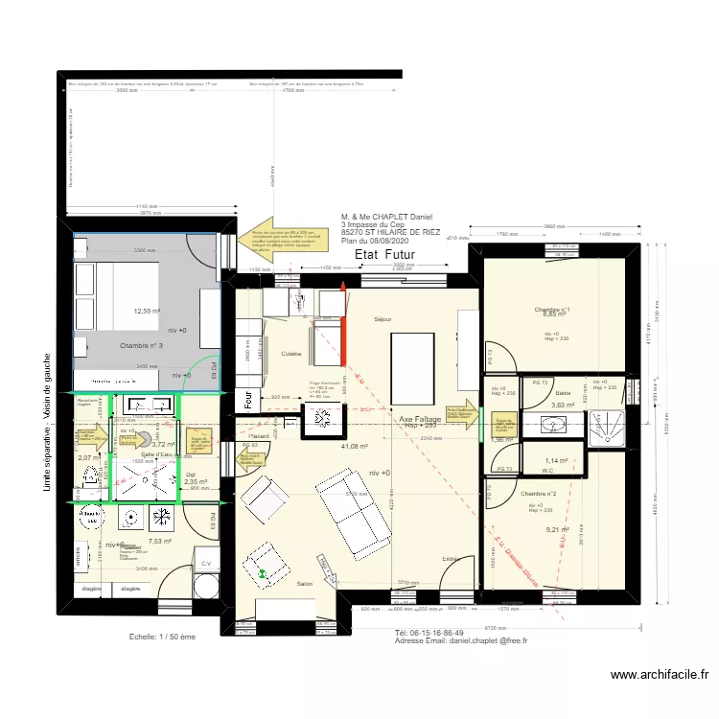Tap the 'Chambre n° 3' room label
tap(141, 345)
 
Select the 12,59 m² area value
tap(147, 311)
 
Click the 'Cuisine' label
tap(292, 354)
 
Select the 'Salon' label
tap(305, 584)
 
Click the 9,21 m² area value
tap(557, 529)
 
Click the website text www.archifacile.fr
tap(661, 675)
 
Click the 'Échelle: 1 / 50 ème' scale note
tap(162, 636)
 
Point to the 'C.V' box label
tap(205, 564)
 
